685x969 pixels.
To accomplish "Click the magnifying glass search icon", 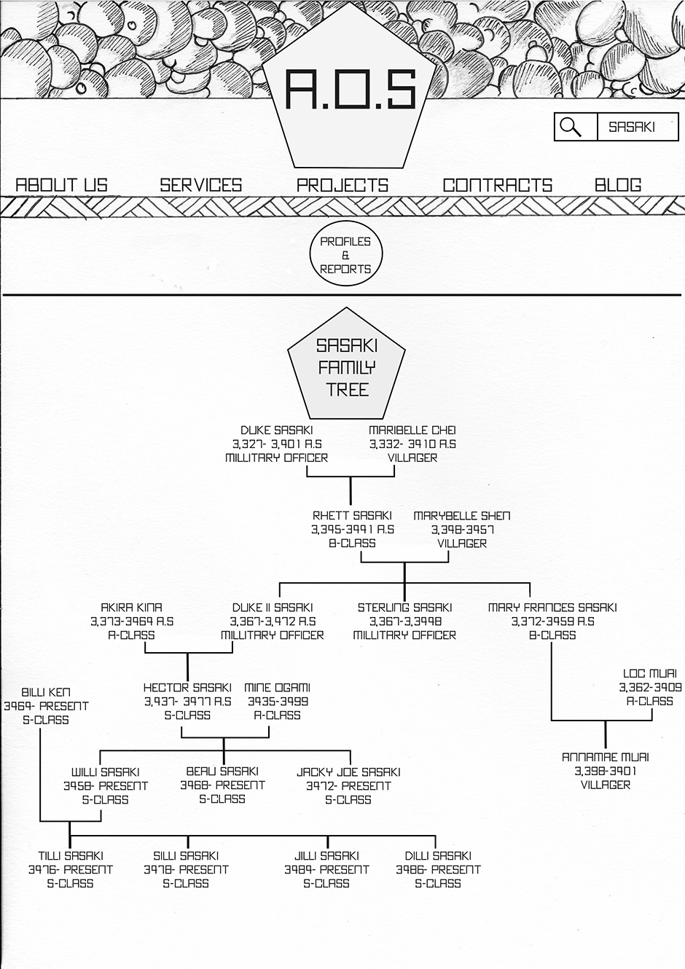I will tap(571, 127).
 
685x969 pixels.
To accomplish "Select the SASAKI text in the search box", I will tap(632, 127).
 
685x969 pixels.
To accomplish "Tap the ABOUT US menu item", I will tap(61, 185).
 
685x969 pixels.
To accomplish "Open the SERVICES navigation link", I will tap(201, 185).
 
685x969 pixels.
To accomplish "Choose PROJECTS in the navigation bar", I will tap(342, 185).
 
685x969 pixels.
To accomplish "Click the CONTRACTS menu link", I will tap(498, 185).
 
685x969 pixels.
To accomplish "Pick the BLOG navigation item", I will tap(618, 185).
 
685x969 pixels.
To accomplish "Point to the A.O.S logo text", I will tap(351, 91).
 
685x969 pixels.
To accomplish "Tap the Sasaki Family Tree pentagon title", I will tap(347, 367).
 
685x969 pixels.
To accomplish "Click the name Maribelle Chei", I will tap(412, 431).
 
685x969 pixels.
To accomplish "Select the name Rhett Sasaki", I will tap(352, 516).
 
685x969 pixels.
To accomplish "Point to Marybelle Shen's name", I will tap(462, 516).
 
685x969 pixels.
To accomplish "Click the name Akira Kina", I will tap(132, 608).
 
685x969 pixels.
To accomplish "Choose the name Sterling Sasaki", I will tap(404, 608).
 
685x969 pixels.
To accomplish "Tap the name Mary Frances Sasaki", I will tap(552, 608).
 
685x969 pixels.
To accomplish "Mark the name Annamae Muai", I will tap(606, 758).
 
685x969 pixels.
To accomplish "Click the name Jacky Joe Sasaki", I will tap(348, 772).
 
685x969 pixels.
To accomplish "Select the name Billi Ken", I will tap(46, 693).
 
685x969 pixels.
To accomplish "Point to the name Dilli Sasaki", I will tap(438, 856).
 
